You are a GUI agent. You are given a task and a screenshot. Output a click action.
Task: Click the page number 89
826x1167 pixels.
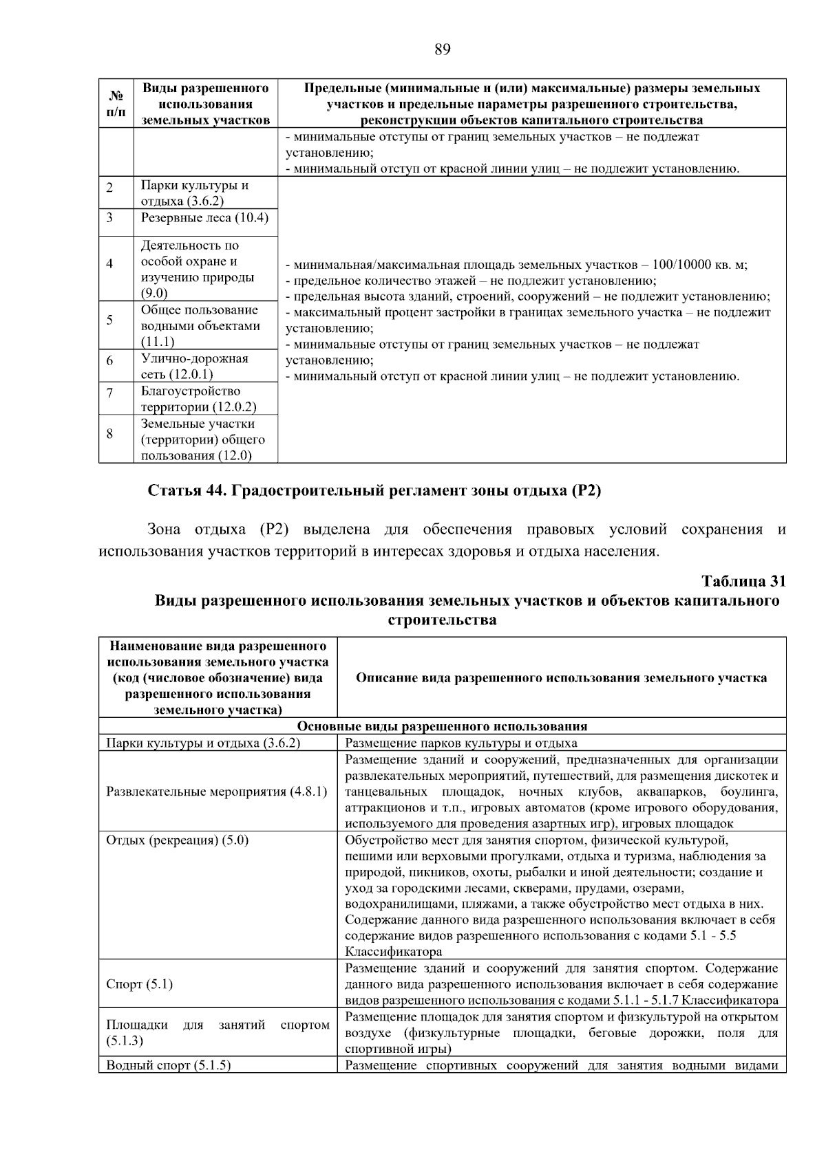point(443,50)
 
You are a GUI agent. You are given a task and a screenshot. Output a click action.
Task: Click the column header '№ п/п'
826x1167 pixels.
point(116,103)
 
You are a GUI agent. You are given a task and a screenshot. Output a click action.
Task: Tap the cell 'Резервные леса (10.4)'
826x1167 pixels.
point(204,218)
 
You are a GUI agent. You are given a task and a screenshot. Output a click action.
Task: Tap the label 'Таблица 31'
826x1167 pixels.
point(743,581)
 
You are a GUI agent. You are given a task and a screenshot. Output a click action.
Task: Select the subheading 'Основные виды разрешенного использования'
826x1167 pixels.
point(442,726)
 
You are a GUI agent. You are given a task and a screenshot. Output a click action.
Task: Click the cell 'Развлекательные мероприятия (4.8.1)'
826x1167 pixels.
point(217,792)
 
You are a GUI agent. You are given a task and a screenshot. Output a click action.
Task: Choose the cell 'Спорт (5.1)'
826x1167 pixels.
point(140,984)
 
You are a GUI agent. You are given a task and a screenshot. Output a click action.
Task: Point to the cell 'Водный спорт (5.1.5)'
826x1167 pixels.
point(169,1065)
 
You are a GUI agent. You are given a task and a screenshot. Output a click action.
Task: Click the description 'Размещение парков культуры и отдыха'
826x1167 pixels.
point(460,743)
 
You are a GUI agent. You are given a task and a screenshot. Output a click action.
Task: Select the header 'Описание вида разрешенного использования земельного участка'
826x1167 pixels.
point(561,678)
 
